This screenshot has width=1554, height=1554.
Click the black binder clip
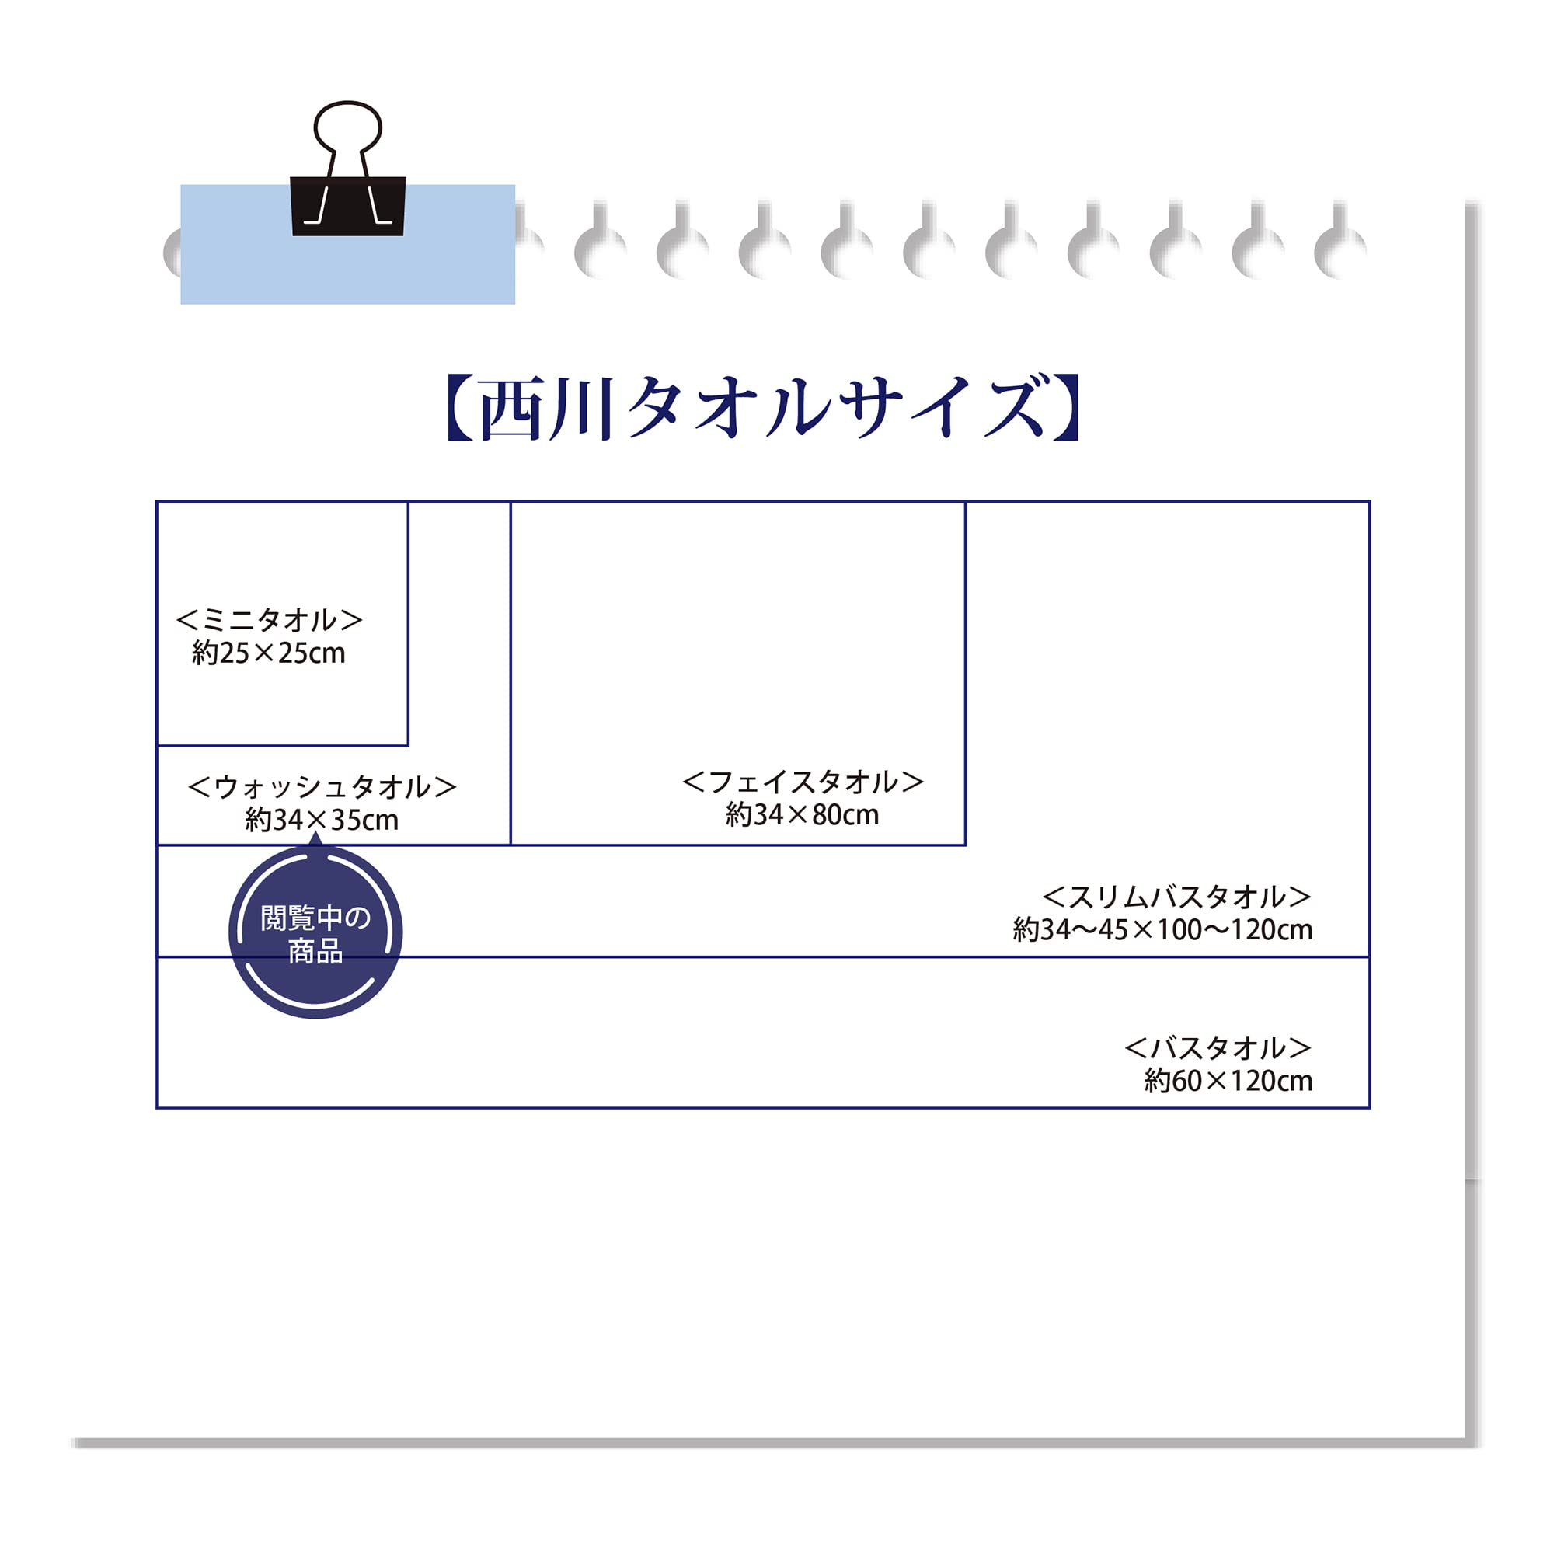[347, 206]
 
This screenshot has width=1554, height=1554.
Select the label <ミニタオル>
[270, 620]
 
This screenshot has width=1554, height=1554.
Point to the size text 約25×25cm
[269, 653]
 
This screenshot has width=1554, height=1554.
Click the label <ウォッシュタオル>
[322, 786]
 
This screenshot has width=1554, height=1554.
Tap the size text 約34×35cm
[322, 820]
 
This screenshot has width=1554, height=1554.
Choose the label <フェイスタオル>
[802, 781]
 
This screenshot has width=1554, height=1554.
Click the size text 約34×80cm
[802, 815]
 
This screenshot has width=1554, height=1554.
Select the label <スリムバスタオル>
[1176, 896]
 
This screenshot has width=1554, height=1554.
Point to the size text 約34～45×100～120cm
[1162, 930]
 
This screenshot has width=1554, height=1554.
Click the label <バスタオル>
[1217, 1047]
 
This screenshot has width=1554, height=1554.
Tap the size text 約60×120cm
[1228, 1081]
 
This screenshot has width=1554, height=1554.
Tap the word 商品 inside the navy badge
[315, 952]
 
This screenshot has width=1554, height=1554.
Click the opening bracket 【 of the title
[459, 408]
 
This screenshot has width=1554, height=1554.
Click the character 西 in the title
[511, 410]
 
